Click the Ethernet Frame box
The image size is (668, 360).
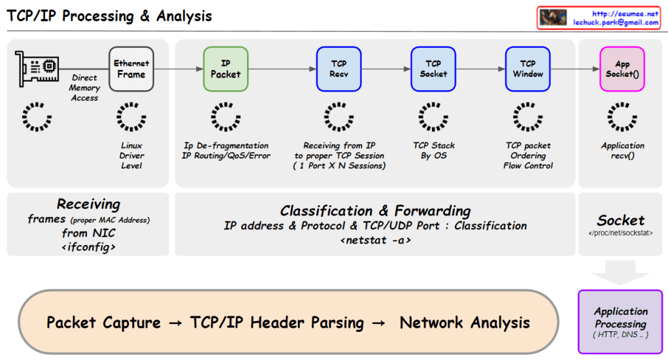click(x=131, y=69)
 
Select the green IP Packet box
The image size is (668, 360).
click(x=225, y=69)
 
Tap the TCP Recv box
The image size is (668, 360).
click(x=339, y=69)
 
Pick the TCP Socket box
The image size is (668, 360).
click(x=433, y=69)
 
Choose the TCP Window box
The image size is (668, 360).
click(x=527, y=69)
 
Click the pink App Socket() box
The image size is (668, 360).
click(x=622, y=69)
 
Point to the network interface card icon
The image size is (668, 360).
click(x=37, y=68)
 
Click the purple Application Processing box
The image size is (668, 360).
click(x=620, y=321)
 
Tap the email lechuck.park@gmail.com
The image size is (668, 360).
click(x=616, y=22)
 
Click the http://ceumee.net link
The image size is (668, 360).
click(x=625, y=13)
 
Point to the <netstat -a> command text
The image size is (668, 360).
click(x=375, y=240)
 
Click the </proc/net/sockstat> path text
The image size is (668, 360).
click(x=620, y=233)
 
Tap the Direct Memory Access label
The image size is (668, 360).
click(x=85, y=88)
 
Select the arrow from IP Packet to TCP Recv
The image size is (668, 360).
click(x=281, y=69)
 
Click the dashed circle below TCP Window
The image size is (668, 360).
click(x=527, y=117)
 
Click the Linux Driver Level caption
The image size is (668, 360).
click(x=131, y=155)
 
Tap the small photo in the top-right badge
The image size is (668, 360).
click(x=552, y=18)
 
